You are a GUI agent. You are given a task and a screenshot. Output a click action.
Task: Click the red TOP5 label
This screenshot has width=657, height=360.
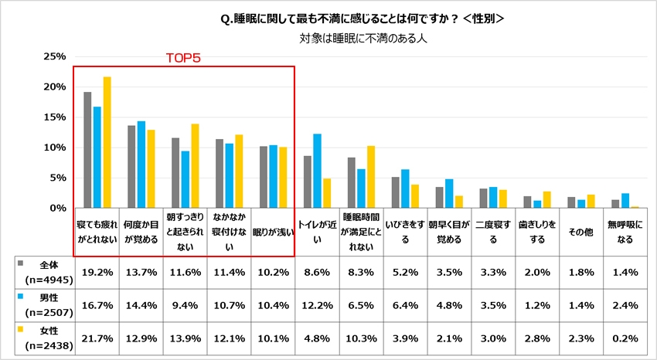pos(184,58)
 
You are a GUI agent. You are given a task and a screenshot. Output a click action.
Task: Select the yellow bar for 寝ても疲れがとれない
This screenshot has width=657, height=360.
pos(107,142)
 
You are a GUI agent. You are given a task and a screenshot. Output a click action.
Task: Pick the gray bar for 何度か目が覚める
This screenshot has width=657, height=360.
pos(131,167)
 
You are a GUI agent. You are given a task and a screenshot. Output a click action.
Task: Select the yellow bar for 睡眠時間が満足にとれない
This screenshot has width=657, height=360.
pos(370,177)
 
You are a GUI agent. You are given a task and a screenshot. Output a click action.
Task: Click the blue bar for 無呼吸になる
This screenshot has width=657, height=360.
pos(624,201)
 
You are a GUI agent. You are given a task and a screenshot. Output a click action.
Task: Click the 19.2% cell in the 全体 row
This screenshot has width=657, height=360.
pos(97,272)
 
